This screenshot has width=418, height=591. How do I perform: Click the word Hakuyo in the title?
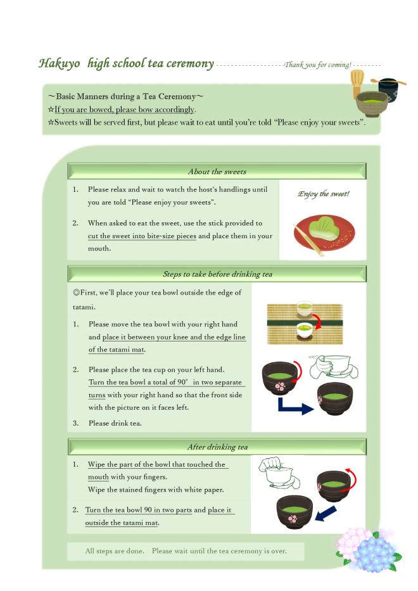point(59,63)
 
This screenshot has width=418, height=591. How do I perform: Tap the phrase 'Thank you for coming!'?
point(317,65)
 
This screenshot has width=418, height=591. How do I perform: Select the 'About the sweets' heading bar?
point(217,172)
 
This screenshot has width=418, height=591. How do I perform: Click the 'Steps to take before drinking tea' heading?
point(217,274)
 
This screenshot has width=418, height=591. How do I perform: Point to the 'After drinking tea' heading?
point(217,447)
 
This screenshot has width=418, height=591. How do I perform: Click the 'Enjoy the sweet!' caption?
point(323,194)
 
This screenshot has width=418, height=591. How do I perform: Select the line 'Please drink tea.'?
point(115,423)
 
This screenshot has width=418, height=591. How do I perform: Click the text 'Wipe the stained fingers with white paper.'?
point(155,490)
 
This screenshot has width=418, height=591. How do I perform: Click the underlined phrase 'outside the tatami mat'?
point(122,523)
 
